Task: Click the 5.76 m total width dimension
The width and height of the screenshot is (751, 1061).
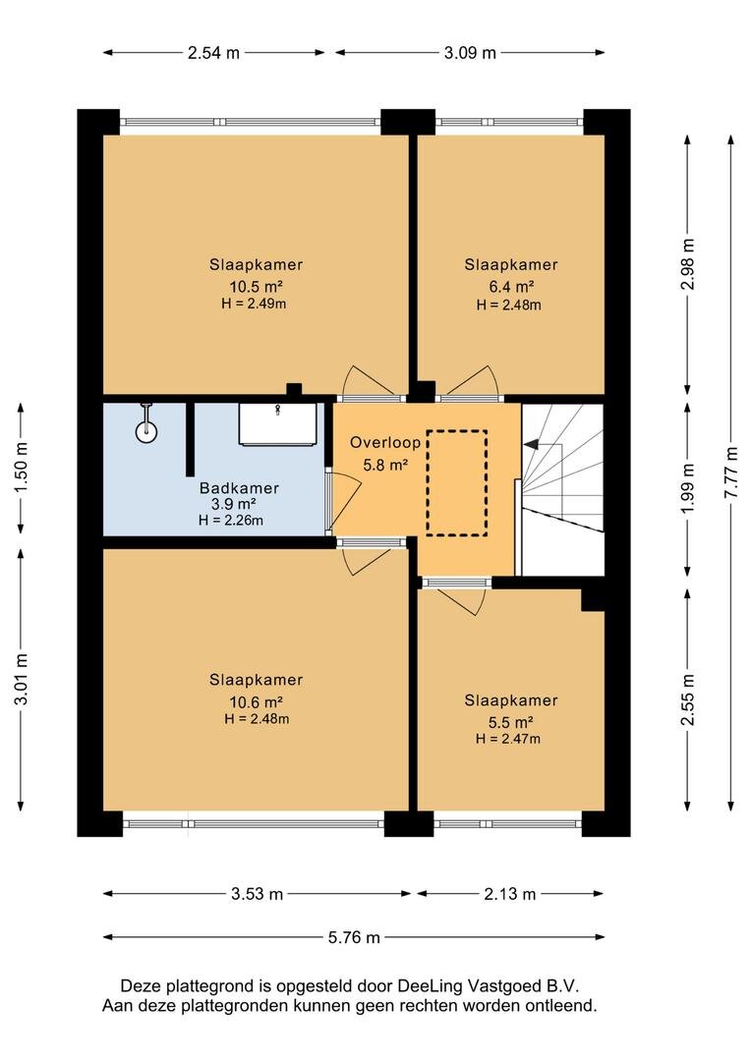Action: coord(354,937)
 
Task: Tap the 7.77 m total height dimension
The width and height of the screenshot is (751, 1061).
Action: coord(730,473)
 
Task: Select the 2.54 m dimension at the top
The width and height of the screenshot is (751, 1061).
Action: coord(213,53)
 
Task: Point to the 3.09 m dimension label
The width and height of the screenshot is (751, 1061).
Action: coord(470,53)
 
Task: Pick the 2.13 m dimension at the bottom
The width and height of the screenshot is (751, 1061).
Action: coord(509,894)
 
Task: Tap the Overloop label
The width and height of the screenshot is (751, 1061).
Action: coord(385,443)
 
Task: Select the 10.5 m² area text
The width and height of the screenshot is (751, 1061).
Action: coord(256,286)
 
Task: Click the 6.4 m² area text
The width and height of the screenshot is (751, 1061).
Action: coord(511,287)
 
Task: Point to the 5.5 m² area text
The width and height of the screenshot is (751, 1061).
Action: coord(510,722)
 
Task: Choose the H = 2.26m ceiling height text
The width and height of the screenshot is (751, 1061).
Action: coord(231,521)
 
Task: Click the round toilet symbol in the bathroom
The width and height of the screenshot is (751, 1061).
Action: coord(146,431)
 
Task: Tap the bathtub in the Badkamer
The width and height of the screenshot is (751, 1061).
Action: coord(277,424)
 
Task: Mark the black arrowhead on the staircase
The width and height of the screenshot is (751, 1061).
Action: coord(532,444)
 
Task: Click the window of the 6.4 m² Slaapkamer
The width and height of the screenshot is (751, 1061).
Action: coord(509,122)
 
